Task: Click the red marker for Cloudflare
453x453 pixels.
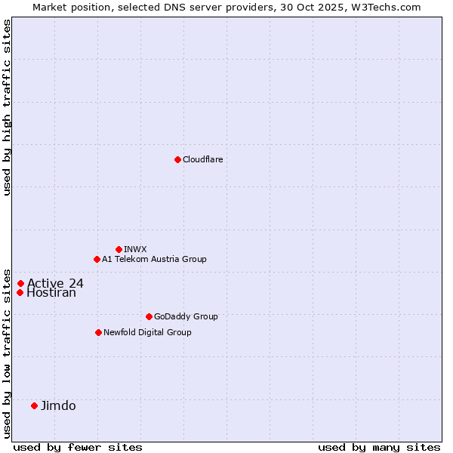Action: [x=177, y=159]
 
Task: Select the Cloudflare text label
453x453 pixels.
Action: [x=202, y=159]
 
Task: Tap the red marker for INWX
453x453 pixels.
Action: [x=119, y=249]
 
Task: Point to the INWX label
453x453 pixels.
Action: [x=135, y=249]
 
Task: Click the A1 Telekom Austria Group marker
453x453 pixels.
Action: [x=97, y=259]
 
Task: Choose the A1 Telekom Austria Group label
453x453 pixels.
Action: [x=154, y=259]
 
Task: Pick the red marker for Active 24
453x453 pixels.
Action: [x=20, y=284]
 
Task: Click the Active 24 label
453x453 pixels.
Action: [x=55, y=284]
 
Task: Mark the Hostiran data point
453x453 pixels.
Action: [x=20, y=293]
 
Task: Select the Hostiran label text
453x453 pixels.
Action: [x=51, y=293]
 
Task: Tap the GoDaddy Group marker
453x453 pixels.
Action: [x=149, y=316]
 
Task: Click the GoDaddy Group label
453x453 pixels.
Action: [x=186, y=316]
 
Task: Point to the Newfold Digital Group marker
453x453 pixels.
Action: [x=98, y=332]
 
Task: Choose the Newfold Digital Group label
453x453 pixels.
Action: [x=147, y=332]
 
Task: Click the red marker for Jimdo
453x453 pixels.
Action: [x=34, y=405]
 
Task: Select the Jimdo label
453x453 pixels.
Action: [x=58, y=405]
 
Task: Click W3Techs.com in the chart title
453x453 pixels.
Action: [x=389, y=7]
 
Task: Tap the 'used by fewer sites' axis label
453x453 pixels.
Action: [x=78, y=447]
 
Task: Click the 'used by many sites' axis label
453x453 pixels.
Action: [x=379, y=447]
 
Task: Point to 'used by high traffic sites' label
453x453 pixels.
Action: [x=7, y=107]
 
